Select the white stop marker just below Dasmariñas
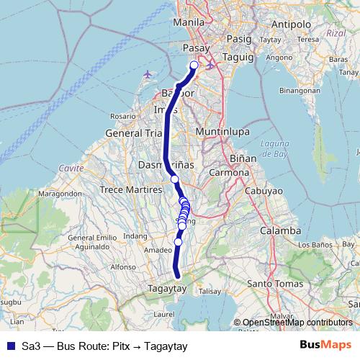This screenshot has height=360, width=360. pos(174,179)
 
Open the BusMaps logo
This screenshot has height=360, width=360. pos(325,346)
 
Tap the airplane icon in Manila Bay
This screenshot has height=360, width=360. pos(148,74)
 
